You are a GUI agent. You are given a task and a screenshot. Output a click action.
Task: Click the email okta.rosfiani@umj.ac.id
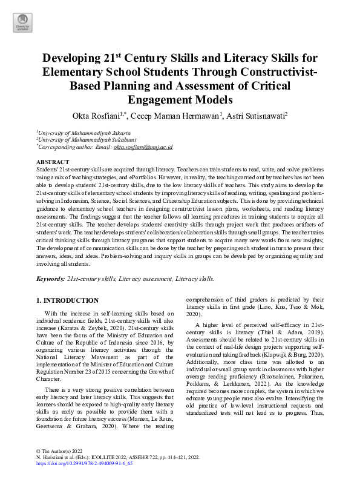(143, 147)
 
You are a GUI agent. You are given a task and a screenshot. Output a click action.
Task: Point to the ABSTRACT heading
(53, 162)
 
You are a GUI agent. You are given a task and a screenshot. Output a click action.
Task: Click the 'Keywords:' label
(50, 279)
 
